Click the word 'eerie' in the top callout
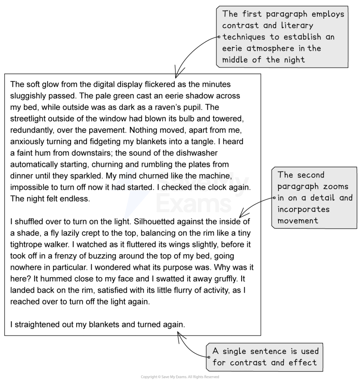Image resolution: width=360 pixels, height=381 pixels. point(232,48)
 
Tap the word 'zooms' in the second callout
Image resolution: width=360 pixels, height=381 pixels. point(336,186)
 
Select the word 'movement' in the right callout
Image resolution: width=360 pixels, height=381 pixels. point(298,221)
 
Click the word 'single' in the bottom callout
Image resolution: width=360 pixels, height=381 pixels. point(234,352)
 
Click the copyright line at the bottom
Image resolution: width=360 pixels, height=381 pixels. point(180,377)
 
